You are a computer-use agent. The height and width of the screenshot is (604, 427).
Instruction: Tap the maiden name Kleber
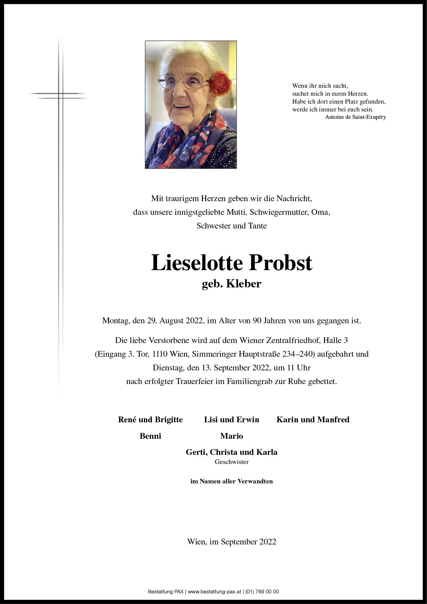tap(244, 284)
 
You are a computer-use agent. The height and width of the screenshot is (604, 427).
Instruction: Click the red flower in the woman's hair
tap(221, 83)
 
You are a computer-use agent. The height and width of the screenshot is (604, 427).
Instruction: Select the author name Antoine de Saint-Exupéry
tap(355, 117)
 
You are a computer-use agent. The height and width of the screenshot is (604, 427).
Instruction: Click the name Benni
tap(150, 436)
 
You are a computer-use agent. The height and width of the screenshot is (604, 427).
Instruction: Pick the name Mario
tap(231, 436)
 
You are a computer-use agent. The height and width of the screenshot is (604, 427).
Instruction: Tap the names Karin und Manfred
tap(313, 420)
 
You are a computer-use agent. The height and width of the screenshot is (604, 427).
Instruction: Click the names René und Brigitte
tap(150, 420)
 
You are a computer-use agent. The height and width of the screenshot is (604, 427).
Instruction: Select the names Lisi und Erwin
tap(231, 420)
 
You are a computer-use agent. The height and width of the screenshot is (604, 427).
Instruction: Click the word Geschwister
tap(231, 462)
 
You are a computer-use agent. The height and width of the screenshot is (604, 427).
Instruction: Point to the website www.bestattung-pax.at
tap(214, 592)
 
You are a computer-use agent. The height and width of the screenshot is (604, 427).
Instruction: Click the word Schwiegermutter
tap(279, 212)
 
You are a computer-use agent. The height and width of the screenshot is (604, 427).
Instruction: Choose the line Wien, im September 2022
tap(231, 542)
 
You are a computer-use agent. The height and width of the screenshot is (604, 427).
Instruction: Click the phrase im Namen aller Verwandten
tap(231, 481)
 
